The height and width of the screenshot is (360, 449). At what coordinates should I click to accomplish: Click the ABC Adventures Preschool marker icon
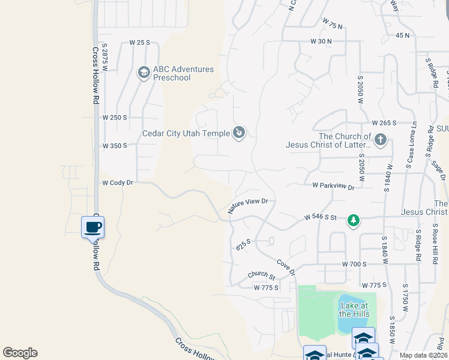pos(143,73)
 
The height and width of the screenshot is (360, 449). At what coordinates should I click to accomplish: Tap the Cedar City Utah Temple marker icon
pos(239,133)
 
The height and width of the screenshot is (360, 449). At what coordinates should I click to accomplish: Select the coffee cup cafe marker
pos(93,227)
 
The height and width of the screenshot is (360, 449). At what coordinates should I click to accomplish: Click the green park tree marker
pos(354,221)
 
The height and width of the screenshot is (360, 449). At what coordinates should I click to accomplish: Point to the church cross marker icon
pos(379,140)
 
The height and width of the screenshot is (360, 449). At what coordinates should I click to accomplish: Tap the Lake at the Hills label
pos(353,310)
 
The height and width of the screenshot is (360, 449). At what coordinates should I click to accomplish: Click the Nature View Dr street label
pos(247,206)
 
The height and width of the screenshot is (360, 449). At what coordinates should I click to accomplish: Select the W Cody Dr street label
pos(117,183)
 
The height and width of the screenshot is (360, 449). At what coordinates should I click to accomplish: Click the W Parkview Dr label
pos(333,186)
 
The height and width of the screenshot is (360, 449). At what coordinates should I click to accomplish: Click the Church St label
pos(262,276)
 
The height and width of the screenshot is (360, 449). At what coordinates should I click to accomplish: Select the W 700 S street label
pos(354,264)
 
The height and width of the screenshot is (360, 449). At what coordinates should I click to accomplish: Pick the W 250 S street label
pos(114,118)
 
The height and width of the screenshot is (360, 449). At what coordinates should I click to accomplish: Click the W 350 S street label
pos(114,146)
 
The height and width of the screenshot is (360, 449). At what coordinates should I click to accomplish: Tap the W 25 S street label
pos(139,43)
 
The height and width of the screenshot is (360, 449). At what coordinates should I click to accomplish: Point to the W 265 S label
pos(384,122)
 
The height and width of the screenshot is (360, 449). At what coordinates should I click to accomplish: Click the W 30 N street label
pos(321,41)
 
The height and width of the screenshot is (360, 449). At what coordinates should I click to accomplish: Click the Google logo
pos(20,353)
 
